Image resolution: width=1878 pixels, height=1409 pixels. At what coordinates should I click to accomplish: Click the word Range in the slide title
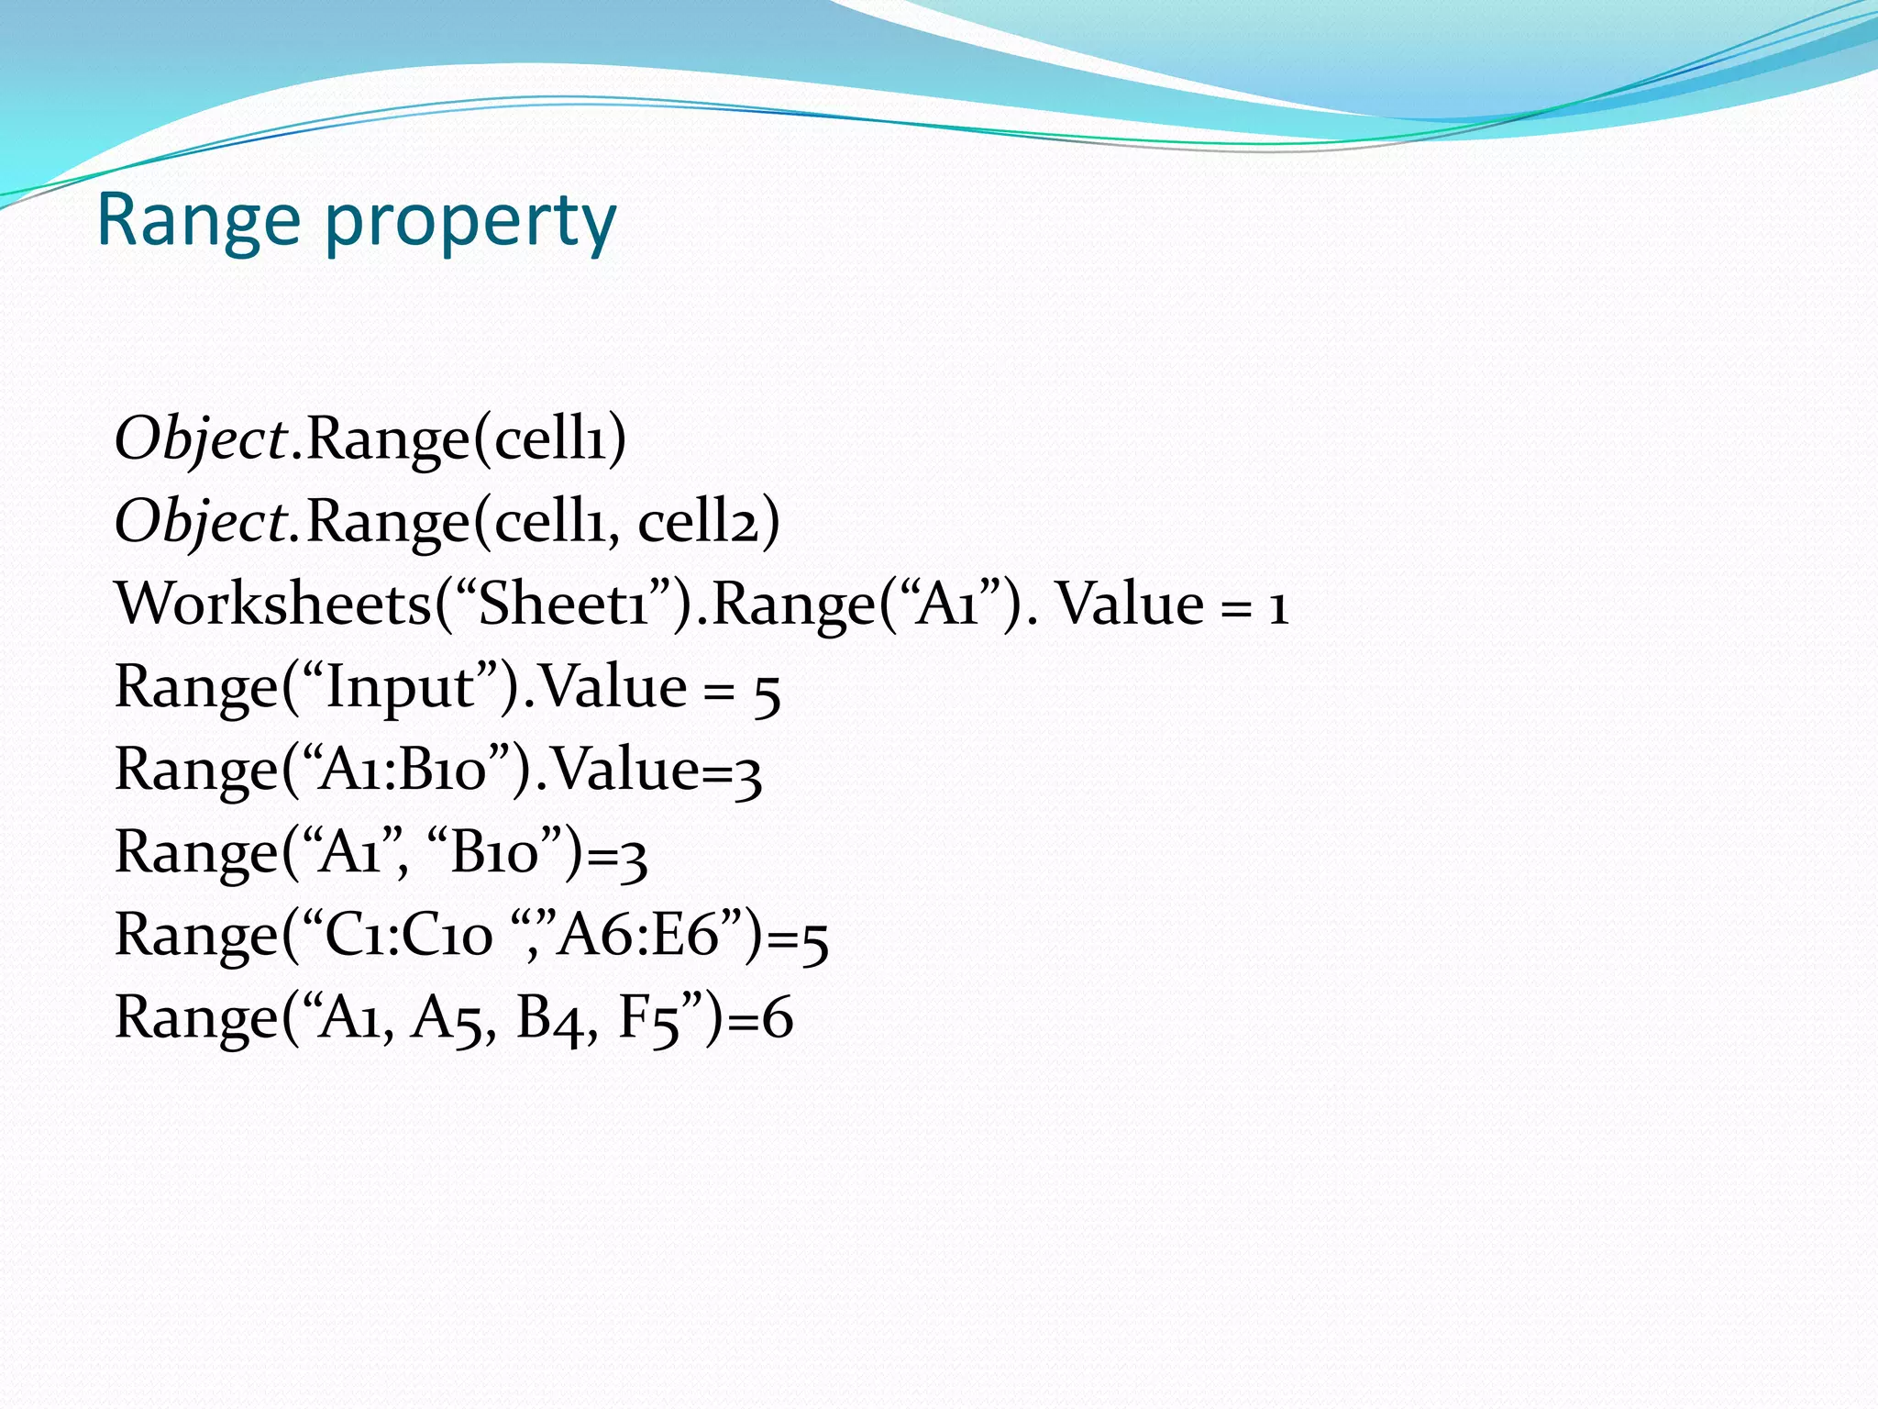pos(198,221)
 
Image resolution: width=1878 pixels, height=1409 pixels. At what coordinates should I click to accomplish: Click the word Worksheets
pos(272,605)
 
